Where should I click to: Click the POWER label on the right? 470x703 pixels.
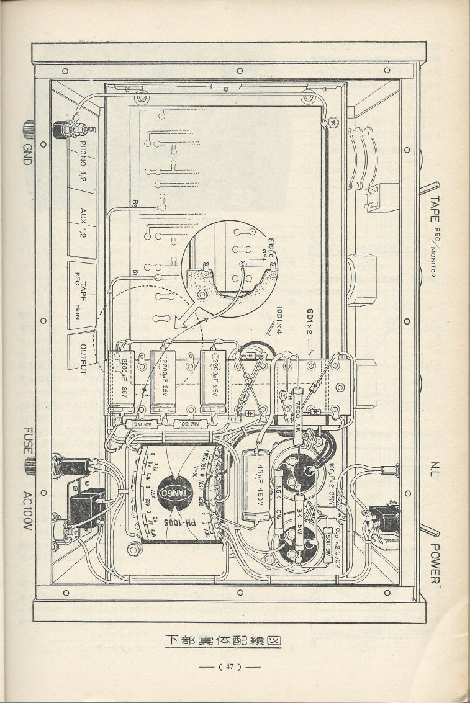(x=435, y=560)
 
